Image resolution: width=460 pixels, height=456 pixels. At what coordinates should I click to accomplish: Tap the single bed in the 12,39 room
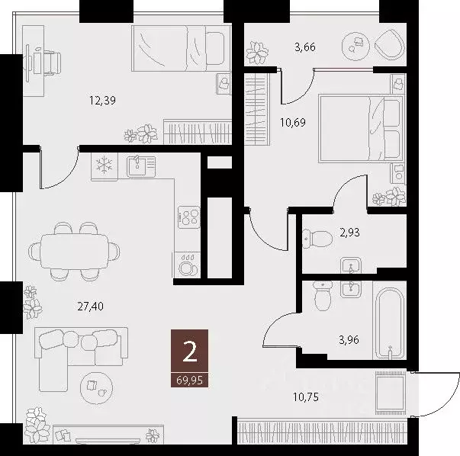(181, 48)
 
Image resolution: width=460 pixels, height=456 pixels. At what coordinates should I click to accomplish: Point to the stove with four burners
(188, 217)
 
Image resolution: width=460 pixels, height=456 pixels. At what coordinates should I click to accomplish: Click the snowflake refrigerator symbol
(104, 165)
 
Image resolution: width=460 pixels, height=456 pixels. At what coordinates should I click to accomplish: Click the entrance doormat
(390, 393)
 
